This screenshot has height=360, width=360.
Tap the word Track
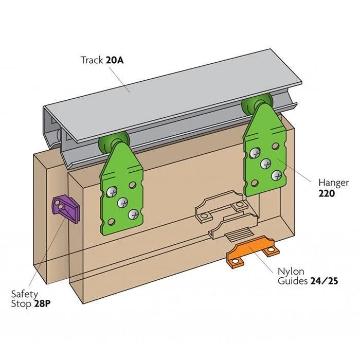click(x=92, y=60)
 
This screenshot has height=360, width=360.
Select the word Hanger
click(x=333, y=183)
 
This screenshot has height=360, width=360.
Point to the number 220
click(x=327, y=193)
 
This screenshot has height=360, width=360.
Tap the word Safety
click(x=25, y=294)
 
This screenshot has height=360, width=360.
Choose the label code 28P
click(x=42, y=303)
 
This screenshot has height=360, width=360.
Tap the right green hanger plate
click(x=265, y=157)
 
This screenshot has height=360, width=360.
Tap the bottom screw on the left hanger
click(x=134, y=212)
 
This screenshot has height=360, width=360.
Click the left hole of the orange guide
click(x=236, y=262)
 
